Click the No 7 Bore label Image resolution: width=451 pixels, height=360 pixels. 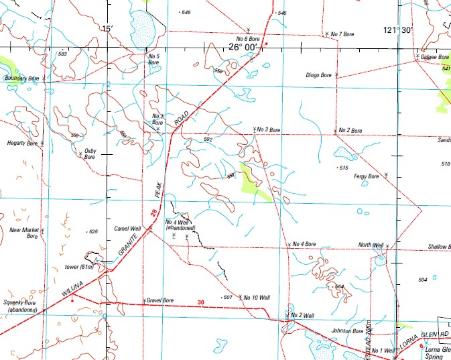coord(342,34)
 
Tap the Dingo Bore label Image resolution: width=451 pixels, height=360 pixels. coord(318,75)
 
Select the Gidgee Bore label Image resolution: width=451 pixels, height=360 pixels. coord(435,57)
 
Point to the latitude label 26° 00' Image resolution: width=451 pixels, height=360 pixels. coord(242,47)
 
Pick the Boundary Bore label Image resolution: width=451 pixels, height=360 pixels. coord(23,78)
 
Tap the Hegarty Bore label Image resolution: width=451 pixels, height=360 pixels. coord(23,143)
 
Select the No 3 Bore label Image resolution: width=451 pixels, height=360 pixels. coord(269,129)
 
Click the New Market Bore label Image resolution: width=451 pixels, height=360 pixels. coord(25,233)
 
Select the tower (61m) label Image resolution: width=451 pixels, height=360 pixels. coord(78,267)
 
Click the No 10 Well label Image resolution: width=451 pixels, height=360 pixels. coord(257,297)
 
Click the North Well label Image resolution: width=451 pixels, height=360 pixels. coord(370,245)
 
